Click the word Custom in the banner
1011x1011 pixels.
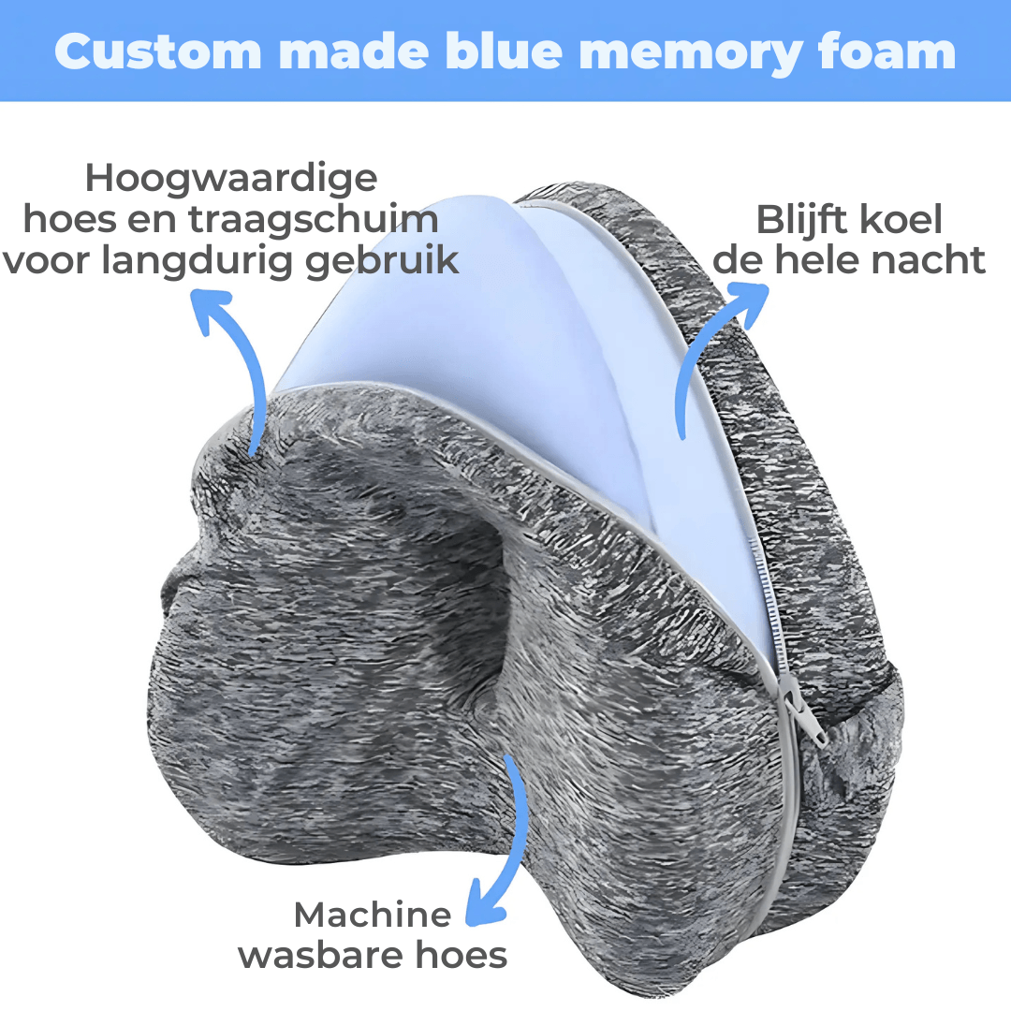(x=151, y=51)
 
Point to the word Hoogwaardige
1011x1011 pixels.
(x=231, y=178)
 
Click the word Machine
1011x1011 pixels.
(x=372, y=915)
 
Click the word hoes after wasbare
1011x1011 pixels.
(x=466, y=956)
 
